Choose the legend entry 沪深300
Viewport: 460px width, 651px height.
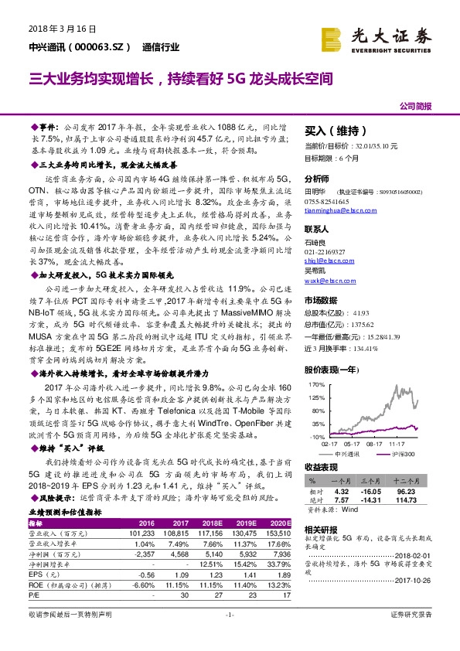pos(400,454)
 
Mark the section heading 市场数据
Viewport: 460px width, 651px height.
pos(321,301)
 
